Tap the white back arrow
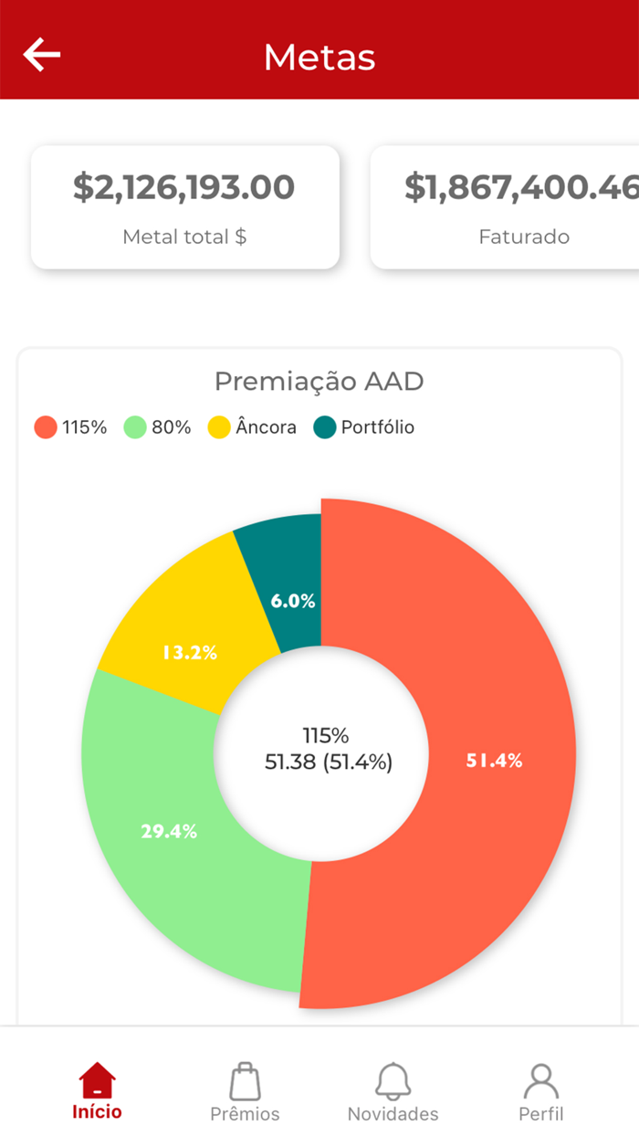pos(42,55)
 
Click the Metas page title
pos(319,57)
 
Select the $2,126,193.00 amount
pos(184,187)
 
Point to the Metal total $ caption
pos(184,237)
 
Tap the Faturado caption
pos(524,237)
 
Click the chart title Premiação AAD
pos(319,381)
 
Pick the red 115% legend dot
pos(46,427)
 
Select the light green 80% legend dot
pos(135,427)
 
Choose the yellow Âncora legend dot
pos(219,427)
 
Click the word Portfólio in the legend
pos(377,427)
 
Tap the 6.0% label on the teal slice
pos(293,601)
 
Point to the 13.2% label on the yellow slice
pos(190,653)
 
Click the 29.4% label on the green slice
pos(169,831)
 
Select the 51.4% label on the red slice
pos(494,761)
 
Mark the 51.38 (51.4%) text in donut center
pos(329,762)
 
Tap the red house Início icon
pos(98,1081)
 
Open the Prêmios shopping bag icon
pos(245,1081)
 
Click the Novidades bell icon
pos(393,1081)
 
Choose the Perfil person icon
pos(540,1081)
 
